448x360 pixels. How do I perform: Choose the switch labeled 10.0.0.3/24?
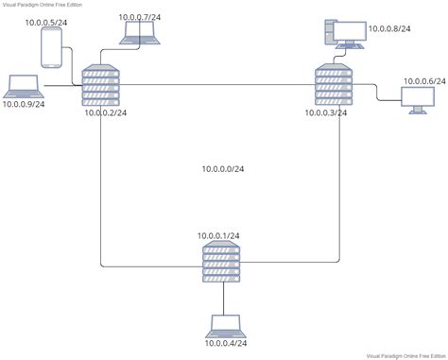click(x=332, y=85)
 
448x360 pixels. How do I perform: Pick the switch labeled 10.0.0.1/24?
click(x=222, y=262)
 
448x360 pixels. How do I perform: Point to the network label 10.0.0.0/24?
click(x=223, y=169)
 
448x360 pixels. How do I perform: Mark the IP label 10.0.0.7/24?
click(x=141, y=16)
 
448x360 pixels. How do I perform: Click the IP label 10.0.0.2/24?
click(x=106, y=112)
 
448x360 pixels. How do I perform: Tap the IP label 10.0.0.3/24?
click(x=325, y=112)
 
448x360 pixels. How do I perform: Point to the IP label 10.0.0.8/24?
click(x=390, y=30)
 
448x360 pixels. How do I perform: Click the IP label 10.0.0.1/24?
click(x=219, y=234)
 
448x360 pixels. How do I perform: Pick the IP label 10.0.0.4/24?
click(x=228, y=345)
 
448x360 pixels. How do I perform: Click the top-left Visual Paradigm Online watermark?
click(x=43, y=4)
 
